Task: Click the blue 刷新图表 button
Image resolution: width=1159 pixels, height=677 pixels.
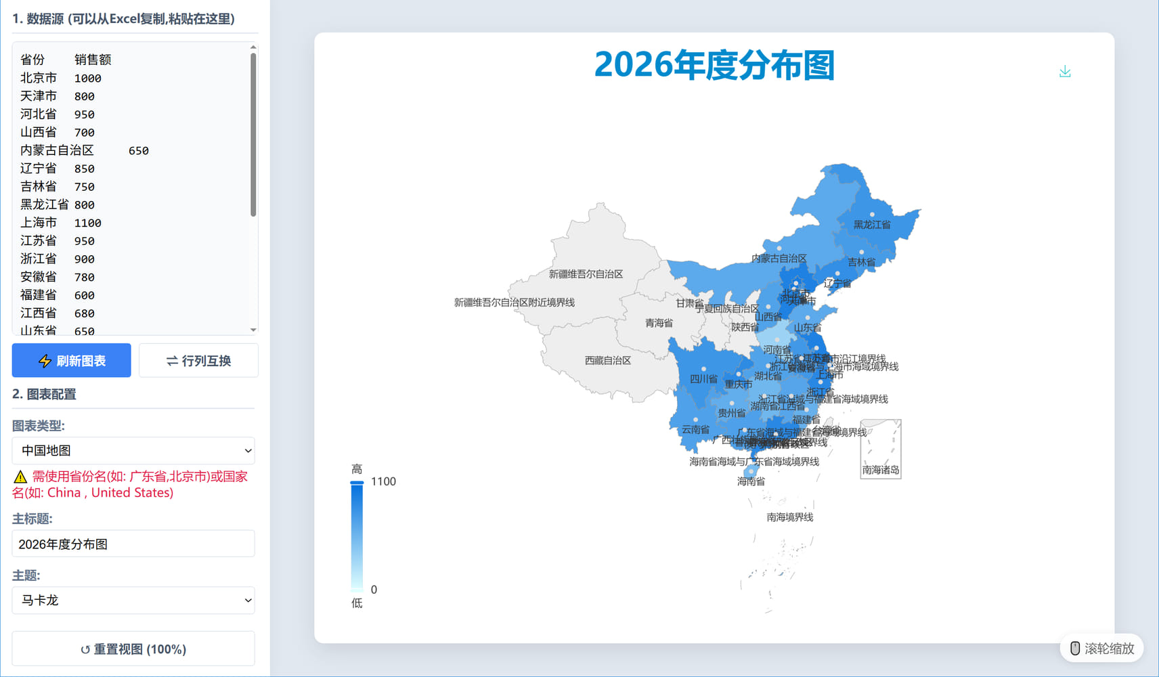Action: (71, 361)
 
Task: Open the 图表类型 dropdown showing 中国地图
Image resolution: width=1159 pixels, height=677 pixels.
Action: (133, 451)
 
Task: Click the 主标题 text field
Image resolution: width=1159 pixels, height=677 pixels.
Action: (133, 544)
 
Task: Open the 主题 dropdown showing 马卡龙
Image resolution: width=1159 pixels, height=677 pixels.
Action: (133, 600)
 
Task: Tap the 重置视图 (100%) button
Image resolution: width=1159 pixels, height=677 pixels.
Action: (133, 649)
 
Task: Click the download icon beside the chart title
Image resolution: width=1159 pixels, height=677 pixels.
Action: (1065, 72)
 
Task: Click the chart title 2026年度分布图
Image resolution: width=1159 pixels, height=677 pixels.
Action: (714, 66)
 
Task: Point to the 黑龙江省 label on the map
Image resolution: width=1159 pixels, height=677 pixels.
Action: (872, 225)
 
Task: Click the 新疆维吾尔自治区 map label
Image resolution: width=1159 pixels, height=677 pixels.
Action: (586, 274)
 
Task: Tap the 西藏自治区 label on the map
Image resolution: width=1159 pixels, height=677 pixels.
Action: (608, 361)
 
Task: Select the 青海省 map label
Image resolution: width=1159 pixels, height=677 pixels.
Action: (659, 323)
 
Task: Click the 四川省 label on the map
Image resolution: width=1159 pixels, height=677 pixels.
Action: (703, 379)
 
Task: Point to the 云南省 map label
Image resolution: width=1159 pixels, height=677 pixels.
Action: (695, 430)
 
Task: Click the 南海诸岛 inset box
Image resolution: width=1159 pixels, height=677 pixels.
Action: (880, 449)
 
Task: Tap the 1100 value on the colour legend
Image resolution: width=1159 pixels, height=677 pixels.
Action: (383, 481)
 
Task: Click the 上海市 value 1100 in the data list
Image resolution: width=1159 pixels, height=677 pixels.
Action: (88, 223)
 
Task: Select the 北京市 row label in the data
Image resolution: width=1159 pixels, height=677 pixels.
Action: (39, 78)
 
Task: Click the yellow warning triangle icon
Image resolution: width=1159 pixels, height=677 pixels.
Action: (20, 477)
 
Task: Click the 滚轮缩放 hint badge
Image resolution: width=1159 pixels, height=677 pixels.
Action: (1101, 649)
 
